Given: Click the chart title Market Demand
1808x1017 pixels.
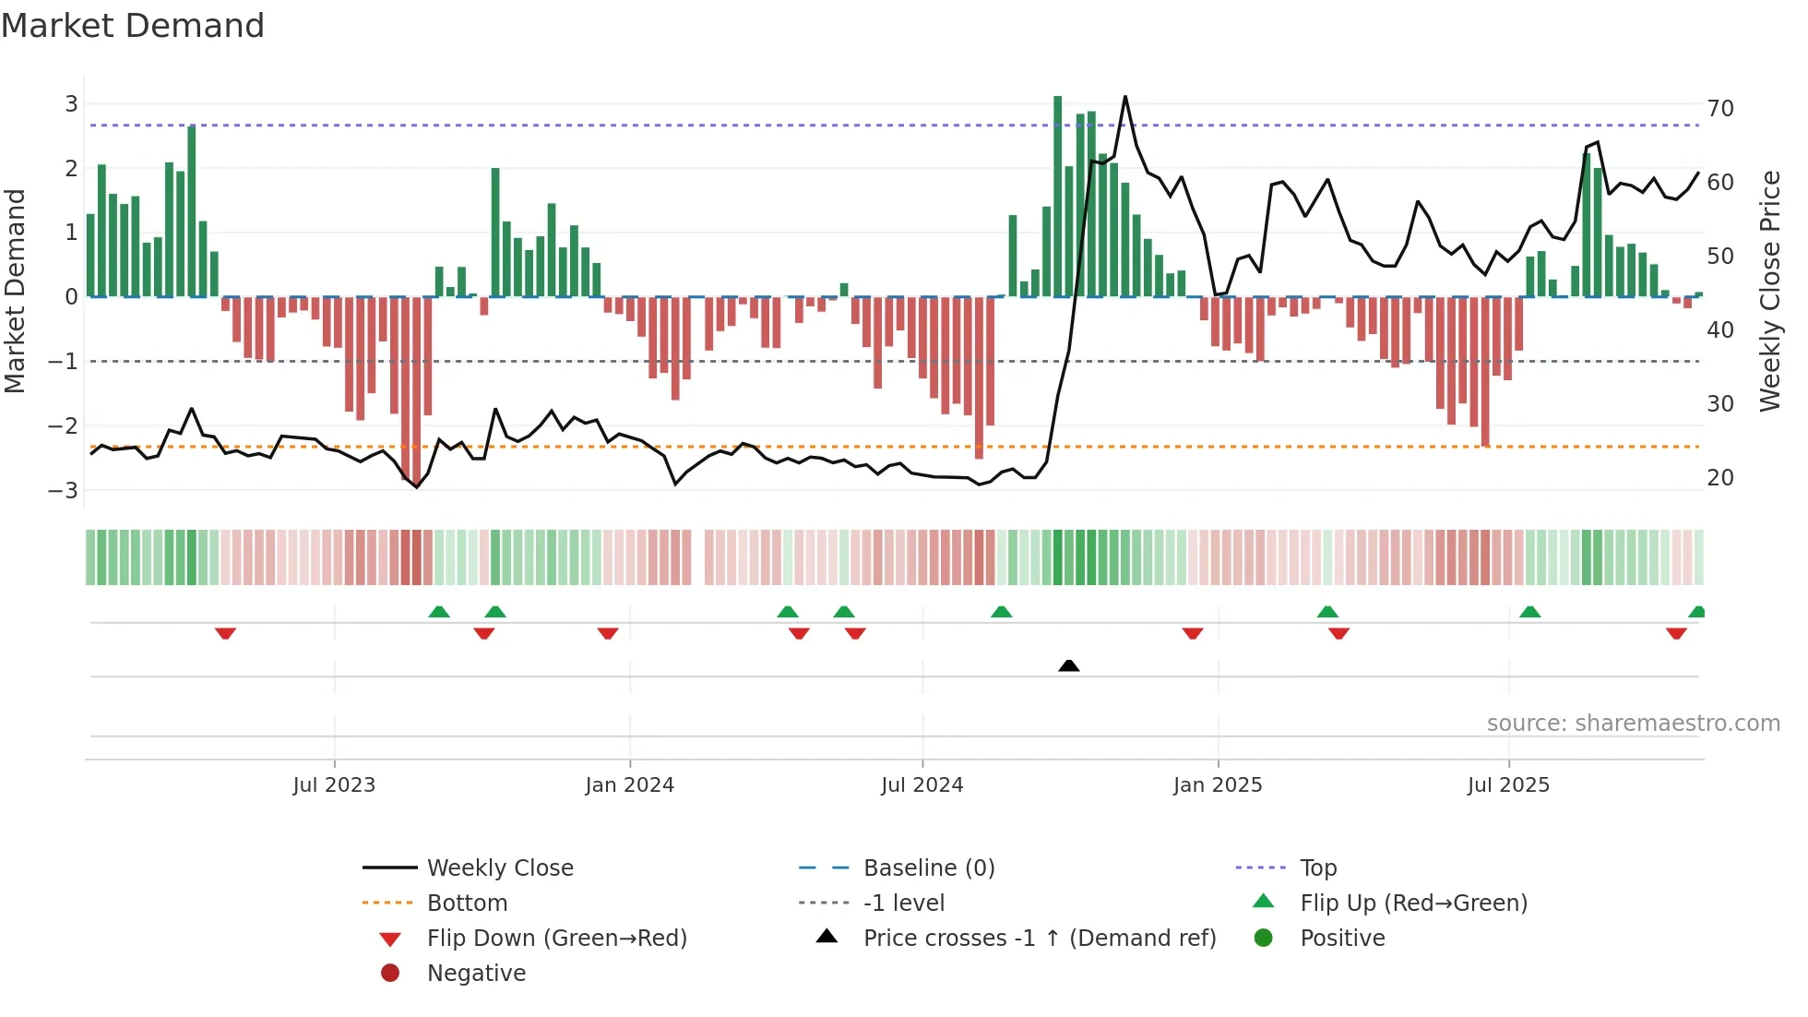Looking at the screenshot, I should (133, 26).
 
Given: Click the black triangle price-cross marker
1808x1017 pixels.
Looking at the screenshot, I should (1068, 665).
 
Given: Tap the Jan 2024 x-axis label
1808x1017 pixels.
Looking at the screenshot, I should (630, 785).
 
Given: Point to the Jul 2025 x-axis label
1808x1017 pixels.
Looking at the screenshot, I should (1508, 785).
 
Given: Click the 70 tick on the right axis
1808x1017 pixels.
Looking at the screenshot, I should (1719, 109).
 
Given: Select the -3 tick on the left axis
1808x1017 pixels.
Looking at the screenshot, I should (64, 490).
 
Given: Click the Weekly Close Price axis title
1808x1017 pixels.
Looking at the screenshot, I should (1769, 291).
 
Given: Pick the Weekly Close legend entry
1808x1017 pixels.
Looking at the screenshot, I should (499, 868).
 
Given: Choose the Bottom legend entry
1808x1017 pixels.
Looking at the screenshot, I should (467, 903).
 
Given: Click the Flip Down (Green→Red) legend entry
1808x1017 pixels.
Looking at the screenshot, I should (556, 939).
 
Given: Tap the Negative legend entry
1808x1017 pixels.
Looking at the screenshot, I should (476, 974).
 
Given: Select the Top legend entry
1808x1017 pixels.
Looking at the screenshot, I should (1317, 868).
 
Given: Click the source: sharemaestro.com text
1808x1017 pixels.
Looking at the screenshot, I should (1633, 724).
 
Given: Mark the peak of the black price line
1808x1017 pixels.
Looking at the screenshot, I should (1125, 97).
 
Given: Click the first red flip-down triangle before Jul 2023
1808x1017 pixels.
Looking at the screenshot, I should (225, 633).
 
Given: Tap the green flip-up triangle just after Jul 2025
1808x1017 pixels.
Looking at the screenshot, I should (1529, 612).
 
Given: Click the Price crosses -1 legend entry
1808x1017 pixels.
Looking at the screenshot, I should (1039, 939).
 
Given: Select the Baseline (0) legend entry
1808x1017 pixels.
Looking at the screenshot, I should (928, 868).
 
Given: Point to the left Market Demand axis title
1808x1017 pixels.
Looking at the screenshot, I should (16, 291).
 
